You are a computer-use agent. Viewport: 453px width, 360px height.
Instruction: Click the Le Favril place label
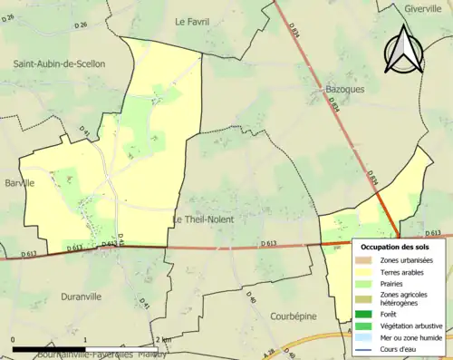[x=192, y=21]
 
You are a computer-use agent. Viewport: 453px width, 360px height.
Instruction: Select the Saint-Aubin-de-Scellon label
[x=59, y=63]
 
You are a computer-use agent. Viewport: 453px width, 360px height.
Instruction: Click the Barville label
[x=20, y=182]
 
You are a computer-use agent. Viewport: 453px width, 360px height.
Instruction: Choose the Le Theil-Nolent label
[x=203, y=219]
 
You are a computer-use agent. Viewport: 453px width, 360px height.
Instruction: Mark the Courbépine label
[x=296, y=316]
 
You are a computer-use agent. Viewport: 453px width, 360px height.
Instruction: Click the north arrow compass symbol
[x=404, y=49]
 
